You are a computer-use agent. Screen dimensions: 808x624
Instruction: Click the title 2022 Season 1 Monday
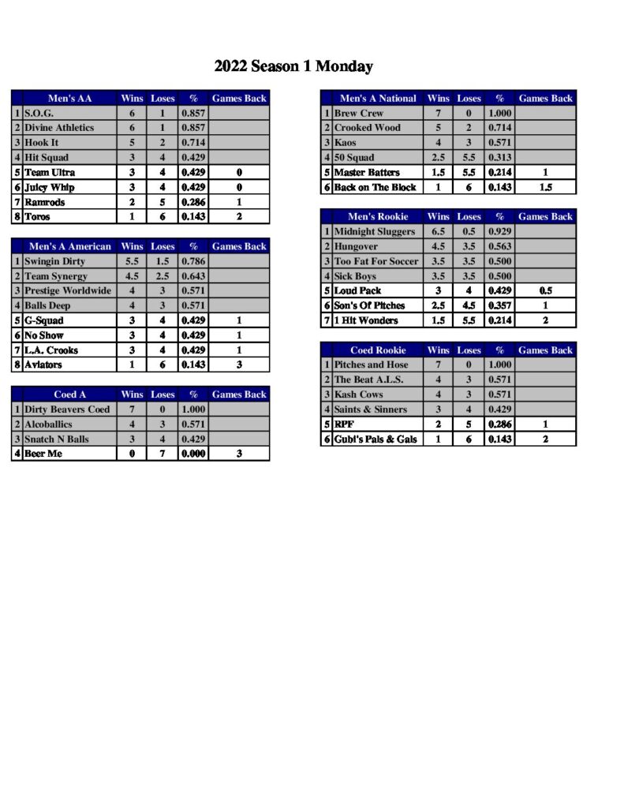click(x=293, y=66)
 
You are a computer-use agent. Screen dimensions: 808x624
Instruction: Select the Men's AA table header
click(x=69, y=99)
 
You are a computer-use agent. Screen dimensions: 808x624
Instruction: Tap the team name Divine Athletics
click(x=59, y=128)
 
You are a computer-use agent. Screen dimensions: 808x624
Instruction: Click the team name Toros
click(x=37, y=217)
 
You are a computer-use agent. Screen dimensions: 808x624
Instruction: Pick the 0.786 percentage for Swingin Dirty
click(x=192, y=261)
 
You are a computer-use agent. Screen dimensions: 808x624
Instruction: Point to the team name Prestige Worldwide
click(x=67, y=291)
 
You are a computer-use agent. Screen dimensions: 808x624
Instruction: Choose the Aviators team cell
click(x=43, y=365)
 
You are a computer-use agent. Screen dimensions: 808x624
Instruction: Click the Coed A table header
click(x=69, y=395)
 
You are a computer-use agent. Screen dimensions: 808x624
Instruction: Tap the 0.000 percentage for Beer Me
click(x=192, y=454)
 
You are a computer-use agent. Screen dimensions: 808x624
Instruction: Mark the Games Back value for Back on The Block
click(x=545, y=188)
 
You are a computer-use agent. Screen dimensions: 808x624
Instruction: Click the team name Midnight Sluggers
click(x=374, y=231)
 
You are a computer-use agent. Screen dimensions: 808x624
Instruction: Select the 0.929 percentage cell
click(x=499, y=231)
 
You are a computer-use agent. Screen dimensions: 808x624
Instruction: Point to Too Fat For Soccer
click(x=376, y=261)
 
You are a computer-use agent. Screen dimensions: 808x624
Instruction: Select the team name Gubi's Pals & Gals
click(x=376, y=440)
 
